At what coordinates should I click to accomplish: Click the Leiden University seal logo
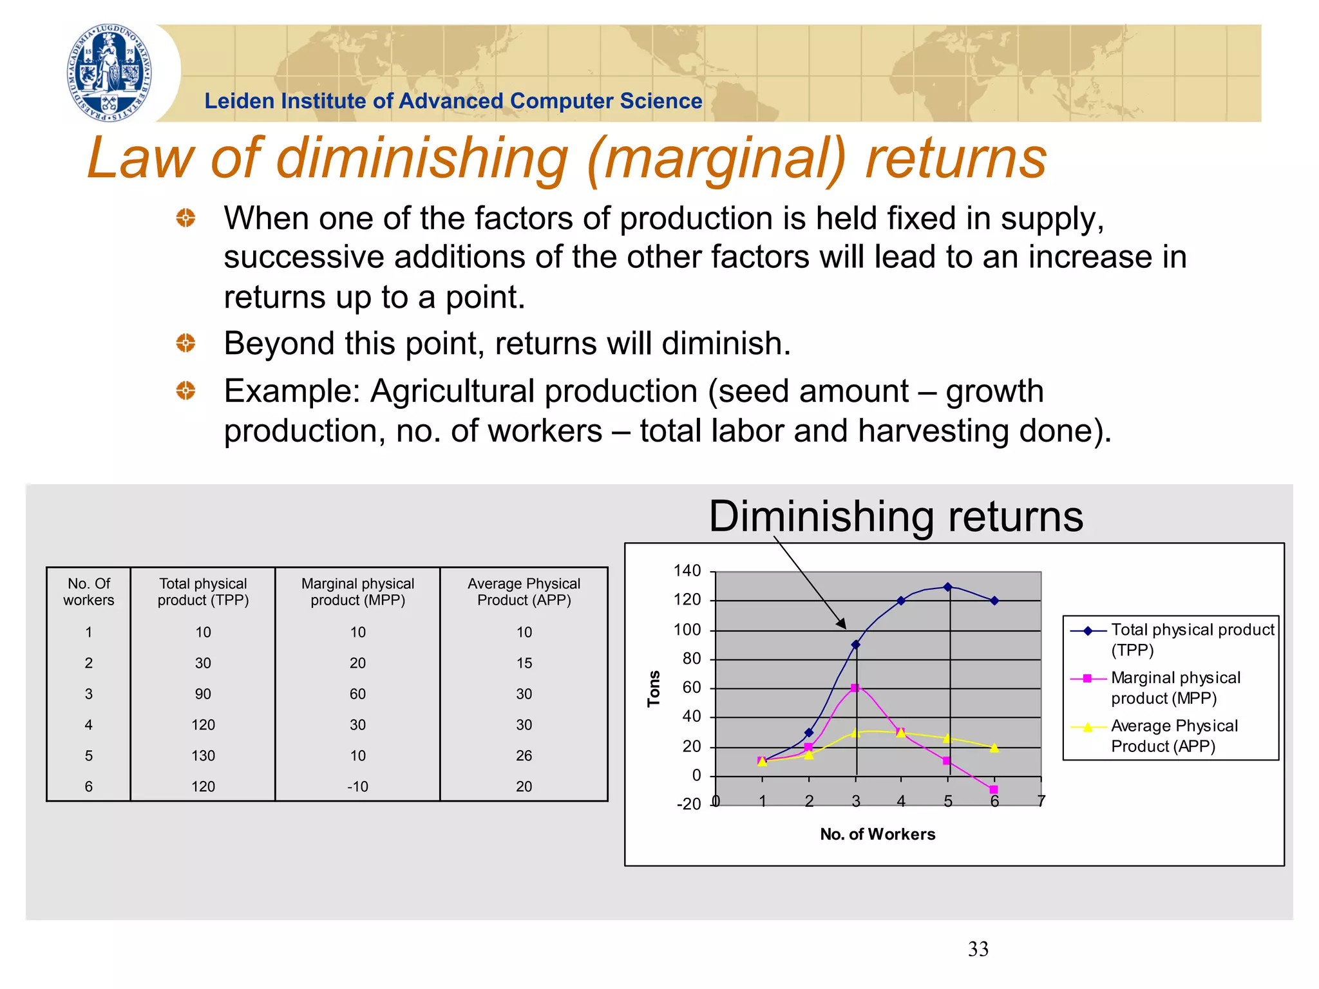(x=109, y=73)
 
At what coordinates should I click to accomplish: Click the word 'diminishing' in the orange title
(x=422, y=158)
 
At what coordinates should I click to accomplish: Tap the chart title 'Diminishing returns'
(x=896, y=516)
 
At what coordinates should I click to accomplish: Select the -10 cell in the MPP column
(x=357, y=786)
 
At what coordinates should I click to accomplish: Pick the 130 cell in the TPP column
(x=203, y=755)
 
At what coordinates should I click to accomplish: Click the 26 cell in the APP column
(x=524, y=755)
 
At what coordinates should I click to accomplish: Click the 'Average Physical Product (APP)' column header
(x=524, y=592)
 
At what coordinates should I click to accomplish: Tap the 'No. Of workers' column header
(x=88, y=592)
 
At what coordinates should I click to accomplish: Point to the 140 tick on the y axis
(x=687, y=570)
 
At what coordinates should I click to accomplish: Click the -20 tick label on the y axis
(x=688, y=804)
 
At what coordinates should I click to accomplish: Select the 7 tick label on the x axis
(x=1041, y=801)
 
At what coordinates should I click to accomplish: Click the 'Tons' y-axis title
(x=654, y=689)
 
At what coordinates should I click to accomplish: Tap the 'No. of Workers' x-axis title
(x=877, y=834)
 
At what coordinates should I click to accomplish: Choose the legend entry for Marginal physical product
(x=1175, y=688)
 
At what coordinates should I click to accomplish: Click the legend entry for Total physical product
(x=1191, y=639)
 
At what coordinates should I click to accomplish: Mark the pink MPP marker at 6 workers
(x=994, y=789)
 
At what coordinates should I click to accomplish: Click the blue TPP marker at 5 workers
(x=947, y=587)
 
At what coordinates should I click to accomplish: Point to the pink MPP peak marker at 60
(x=855, y=688)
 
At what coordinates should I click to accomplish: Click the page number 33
(x=978, y=949)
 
